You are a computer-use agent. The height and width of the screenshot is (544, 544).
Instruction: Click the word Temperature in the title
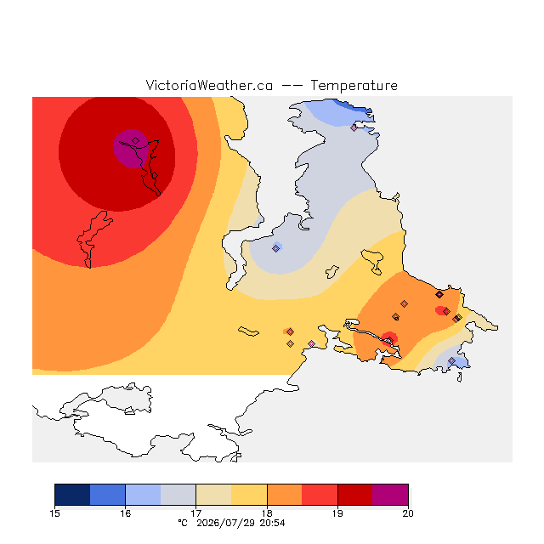coord(354,85)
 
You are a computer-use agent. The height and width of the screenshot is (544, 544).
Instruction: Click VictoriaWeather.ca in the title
coord(209,85)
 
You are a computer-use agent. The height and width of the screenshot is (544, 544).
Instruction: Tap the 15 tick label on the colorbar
coord(54,513)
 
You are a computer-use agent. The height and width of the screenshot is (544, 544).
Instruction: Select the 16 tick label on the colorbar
coord(125,513)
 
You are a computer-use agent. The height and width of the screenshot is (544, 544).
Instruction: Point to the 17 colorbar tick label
coord(196,513)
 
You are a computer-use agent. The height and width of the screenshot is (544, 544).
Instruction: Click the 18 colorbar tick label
coord(267,513)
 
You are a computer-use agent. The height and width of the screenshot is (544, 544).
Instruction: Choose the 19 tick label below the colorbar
coord(337,513)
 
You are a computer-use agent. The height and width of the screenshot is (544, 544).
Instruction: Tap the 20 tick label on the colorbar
coord(408,513)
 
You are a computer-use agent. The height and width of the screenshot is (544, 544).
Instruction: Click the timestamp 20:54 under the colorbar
coord(272,523)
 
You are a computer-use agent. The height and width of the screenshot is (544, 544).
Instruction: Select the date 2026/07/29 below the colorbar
coord(226,523)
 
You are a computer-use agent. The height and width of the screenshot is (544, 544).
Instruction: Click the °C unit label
coord(183,523)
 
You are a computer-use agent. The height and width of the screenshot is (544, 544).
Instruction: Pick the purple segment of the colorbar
coord(390,495)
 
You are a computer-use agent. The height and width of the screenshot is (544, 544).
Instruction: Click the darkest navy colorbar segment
coord(72,495)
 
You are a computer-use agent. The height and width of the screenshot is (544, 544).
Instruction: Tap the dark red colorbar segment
coord(355,495)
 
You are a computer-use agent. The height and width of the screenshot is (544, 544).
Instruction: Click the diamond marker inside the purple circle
coord(136,140)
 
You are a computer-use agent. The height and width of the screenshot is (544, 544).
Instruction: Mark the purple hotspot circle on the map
coord(131,149)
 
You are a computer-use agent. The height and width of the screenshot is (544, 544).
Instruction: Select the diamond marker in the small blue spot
coord(275,248)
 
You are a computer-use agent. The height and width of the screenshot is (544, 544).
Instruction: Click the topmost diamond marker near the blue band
coord(354,127)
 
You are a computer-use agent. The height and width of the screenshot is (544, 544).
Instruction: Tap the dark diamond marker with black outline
coord(439,295)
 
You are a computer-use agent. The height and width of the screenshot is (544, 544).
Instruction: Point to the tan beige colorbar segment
coord(213,495)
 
